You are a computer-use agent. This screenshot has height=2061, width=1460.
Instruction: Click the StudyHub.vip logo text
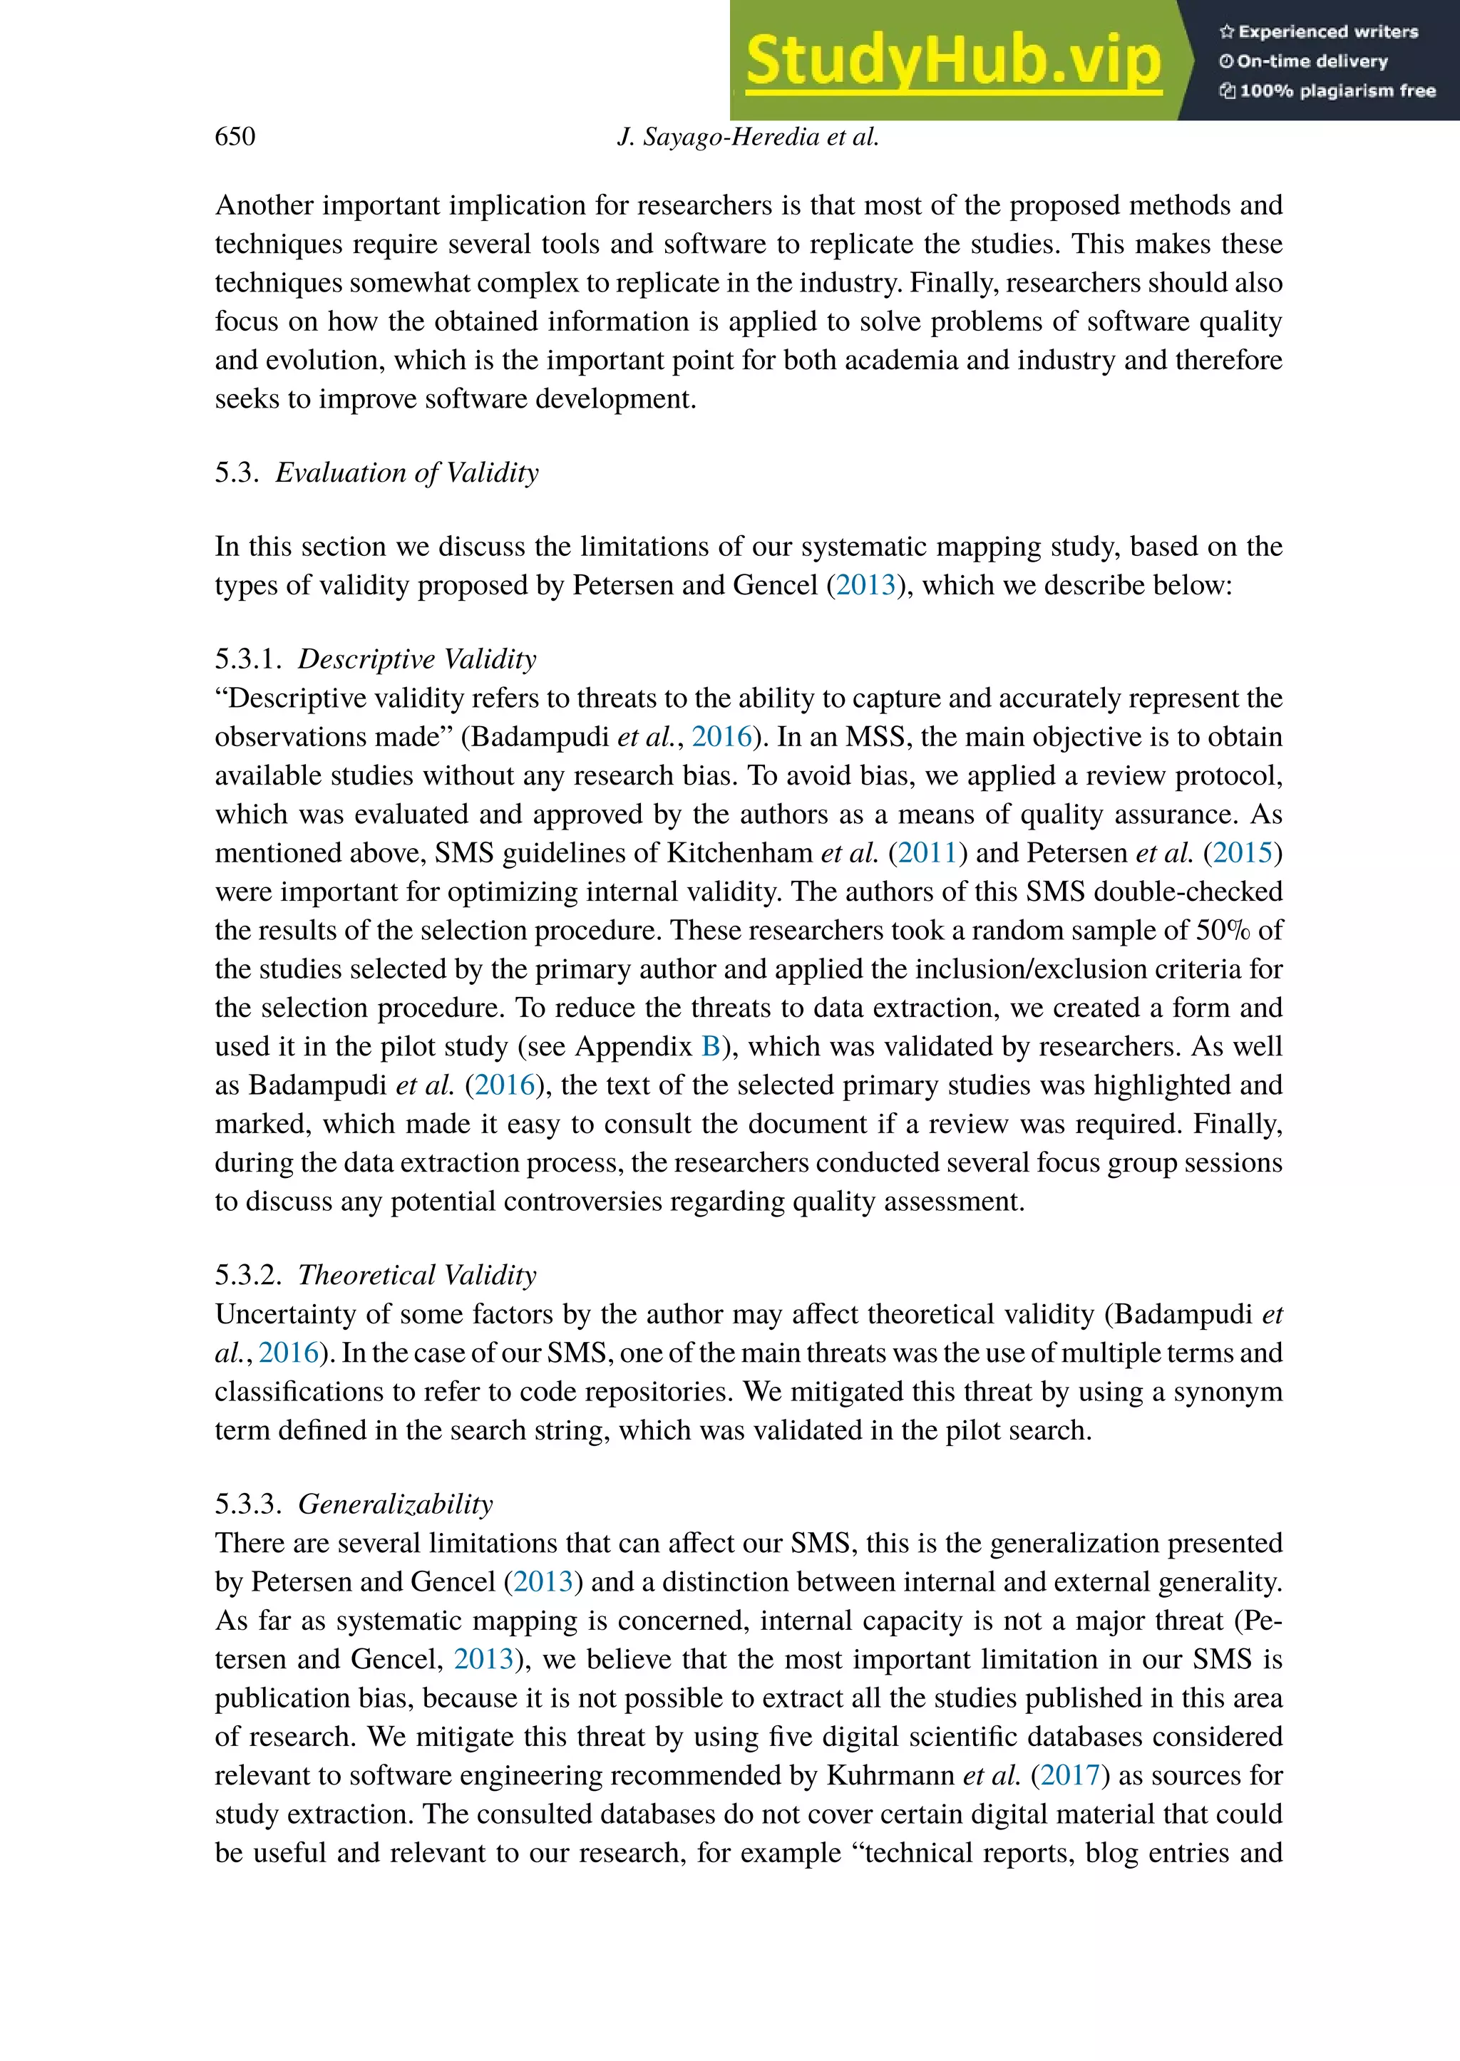953,61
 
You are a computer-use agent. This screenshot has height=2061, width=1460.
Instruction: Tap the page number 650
235,137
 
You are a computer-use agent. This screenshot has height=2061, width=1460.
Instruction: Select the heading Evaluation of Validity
406,472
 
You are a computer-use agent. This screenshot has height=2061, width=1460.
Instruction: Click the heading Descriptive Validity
416,658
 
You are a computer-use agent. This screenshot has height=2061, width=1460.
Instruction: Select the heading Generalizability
396,1504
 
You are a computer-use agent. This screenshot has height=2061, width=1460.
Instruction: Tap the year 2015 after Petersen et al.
1243,852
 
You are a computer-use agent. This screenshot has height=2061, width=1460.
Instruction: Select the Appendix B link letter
710,1046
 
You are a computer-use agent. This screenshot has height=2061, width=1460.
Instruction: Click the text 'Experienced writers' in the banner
1328,32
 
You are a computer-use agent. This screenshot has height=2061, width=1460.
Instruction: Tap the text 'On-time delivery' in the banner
1312,62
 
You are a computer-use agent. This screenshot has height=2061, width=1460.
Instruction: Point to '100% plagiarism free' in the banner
1337,91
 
